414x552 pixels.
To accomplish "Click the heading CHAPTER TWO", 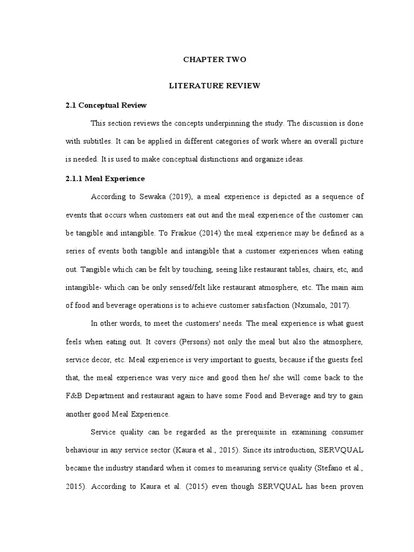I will point(215,60).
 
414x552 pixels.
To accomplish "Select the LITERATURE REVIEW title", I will point(215,86).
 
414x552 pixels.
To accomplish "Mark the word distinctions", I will point(227,160).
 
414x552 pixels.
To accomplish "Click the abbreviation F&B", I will point(75,396).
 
